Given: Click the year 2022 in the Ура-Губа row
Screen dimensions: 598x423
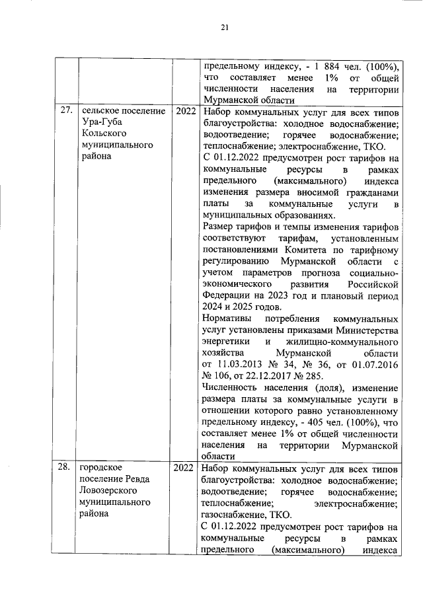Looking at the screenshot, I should tap(186, 110).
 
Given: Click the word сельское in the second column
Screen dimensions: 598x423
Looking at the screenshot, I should tap(99, 110).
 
